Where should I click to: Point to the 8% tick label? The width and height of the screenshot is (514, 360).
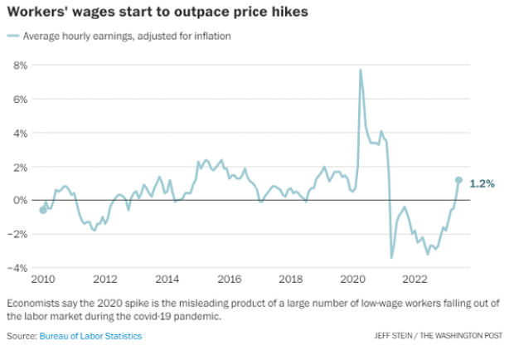[21, 65]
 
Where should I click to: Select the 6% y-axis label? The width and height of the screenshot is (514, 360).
[21, 99]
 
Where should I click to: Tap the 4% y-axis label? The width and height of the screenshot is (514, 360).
[21, 133]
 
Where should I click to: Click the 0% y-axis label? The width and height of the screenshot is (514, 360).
[21, 201]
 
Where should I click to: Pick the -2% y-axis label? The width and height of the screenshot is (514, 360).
[18, 234]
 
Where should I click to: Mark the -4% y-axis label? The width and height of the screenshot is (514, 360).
[18, 268]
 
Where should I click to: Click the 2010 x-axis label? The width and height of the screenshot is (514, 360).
[42, 279]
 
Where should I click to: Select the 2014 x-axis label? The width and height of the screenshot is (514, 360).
[167, 279]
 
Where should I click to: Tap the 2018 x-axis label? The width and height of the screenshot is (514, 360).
[291, 279]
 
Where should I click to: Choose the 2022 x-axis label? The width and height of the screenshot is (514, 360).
[415, 279]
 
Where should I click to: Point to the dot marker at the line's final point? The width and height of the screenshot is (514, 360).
[458, 180]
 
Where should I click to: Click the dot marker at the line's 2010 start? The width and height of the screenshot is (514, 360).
[43, 210]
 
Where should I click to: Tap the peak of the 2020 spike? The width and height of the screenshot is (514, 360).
[361, 70]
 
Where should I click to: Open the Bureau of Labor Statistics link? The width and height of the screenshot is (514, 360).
[90, 336]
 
